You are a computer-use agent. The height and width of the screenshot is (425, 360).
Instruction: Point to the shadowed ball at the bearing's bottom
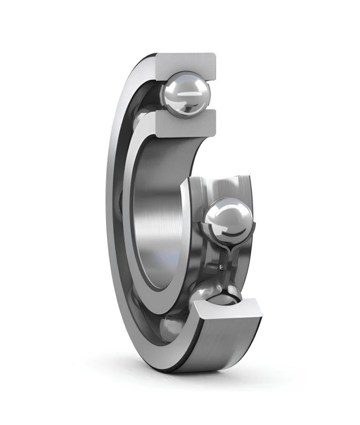(x=170, y=329)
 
